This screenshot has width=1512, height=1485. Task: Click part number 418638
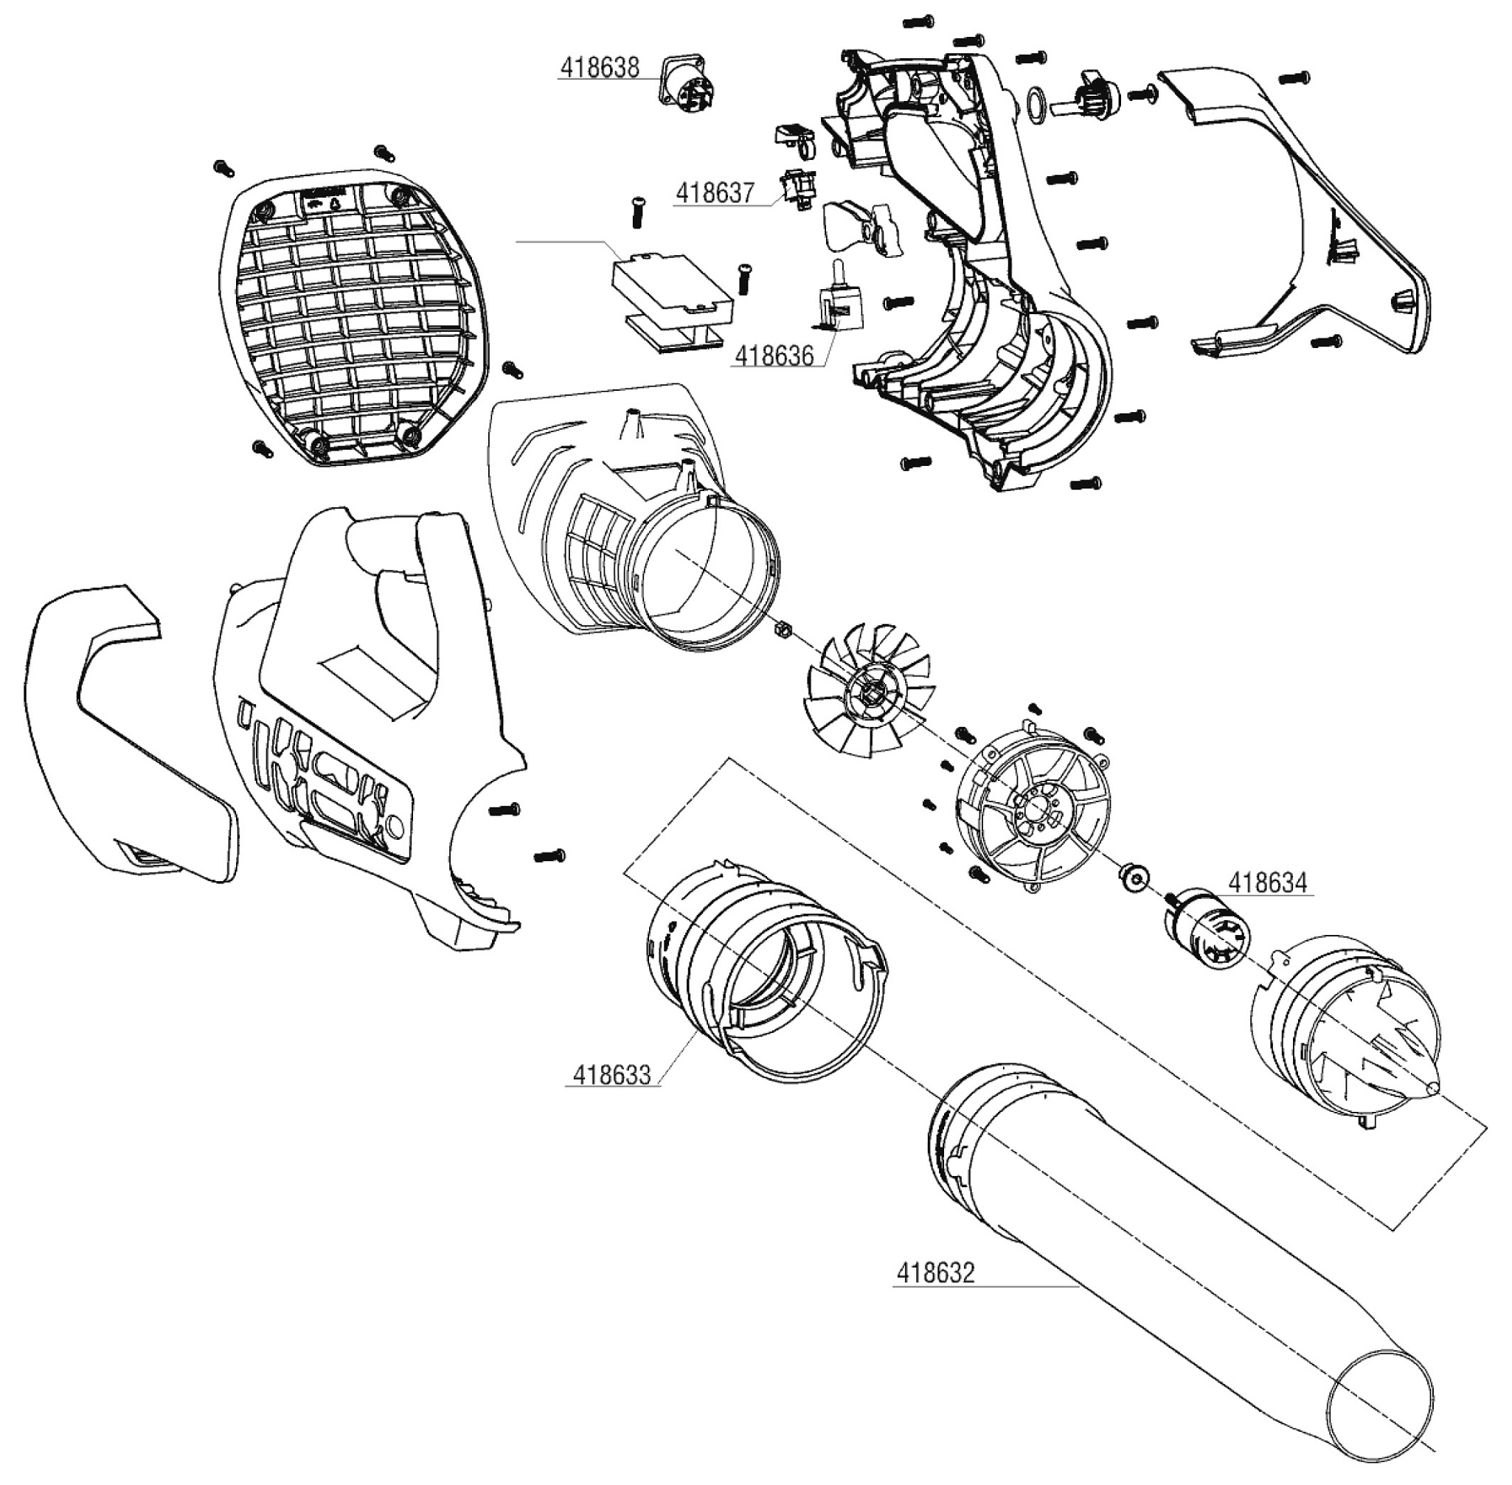click(x=599, y=69)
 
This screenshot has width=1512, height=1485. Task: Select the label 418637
click(x=715, y=192)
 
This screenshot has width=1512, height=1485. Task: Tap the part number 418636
click(x=774, y=356)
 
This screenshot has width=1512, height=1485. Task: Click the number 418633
click(x=611, y=1075)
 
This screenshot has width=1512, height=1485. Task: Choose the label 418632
click(x=935, y=1273)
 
